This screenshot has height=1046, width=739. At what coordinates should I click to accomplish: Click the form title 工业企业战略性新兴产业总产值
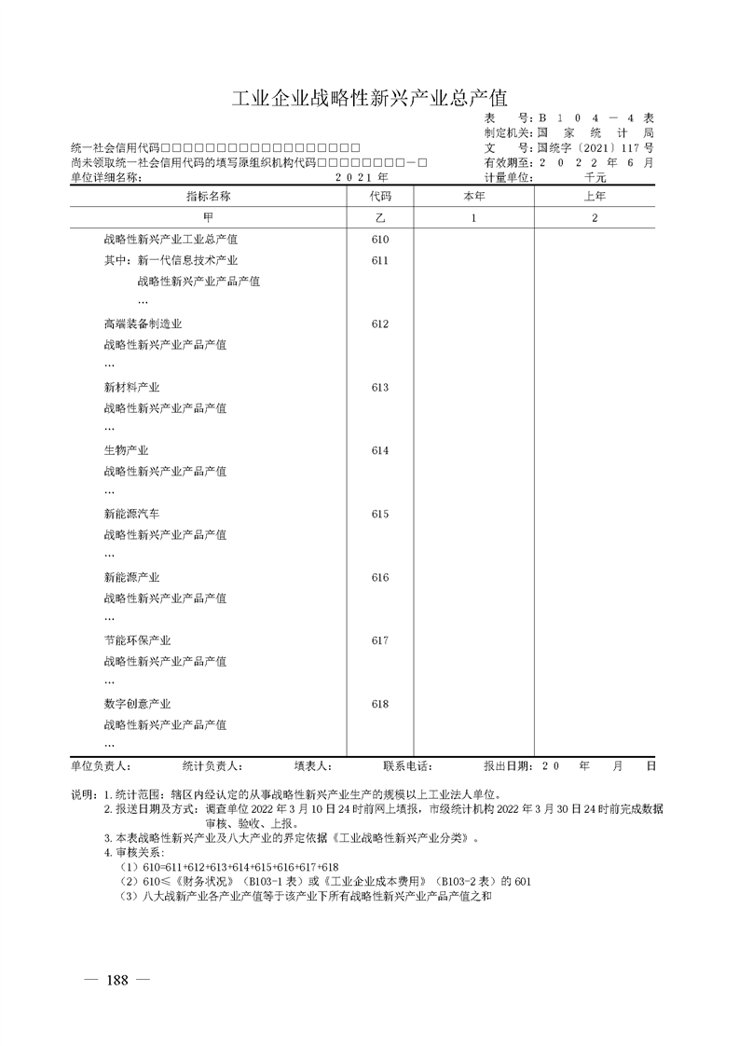point(369,99)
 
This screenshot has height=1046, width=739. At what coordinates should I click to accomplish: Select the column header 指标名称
point(208,197)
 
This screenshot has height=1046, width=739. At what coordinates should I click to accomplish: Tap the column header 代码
point(380,197)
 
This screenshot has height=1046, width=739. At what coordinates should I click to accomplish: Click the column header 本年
point(473,197)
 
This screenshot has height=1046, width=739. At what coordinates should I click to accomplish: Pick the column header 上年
point(595,197)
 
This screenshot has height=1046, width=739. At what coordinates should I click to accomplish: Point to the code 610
point(379,240)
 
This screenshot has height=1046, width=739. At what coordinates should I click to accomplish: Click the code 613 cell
point(379,388)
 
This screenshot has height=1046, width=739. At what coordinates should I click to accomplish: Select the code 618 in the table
point(379,705)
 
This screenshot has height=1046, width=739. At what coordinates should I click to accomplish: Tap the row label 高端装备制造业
point(143,324)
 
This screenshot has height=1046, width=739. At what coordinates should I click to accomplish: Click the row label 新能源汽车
point(131,515)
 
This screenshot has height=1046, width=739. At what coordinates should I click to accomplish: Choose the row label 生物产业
point(126,451)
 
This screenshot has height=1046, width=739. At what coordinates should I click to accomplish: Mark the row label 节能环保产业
point(137,641)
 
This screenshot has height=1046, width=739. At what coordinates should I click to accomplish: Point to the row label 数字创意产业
point(137,705)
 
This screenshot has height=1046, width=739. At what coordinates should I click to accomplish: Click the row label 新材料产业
point(131,388)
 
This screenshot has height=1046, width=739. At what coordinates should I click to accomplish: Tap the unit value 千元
point(595,177)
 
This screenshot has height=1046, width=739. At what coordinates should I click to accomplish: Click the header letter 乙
point(380,218)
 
